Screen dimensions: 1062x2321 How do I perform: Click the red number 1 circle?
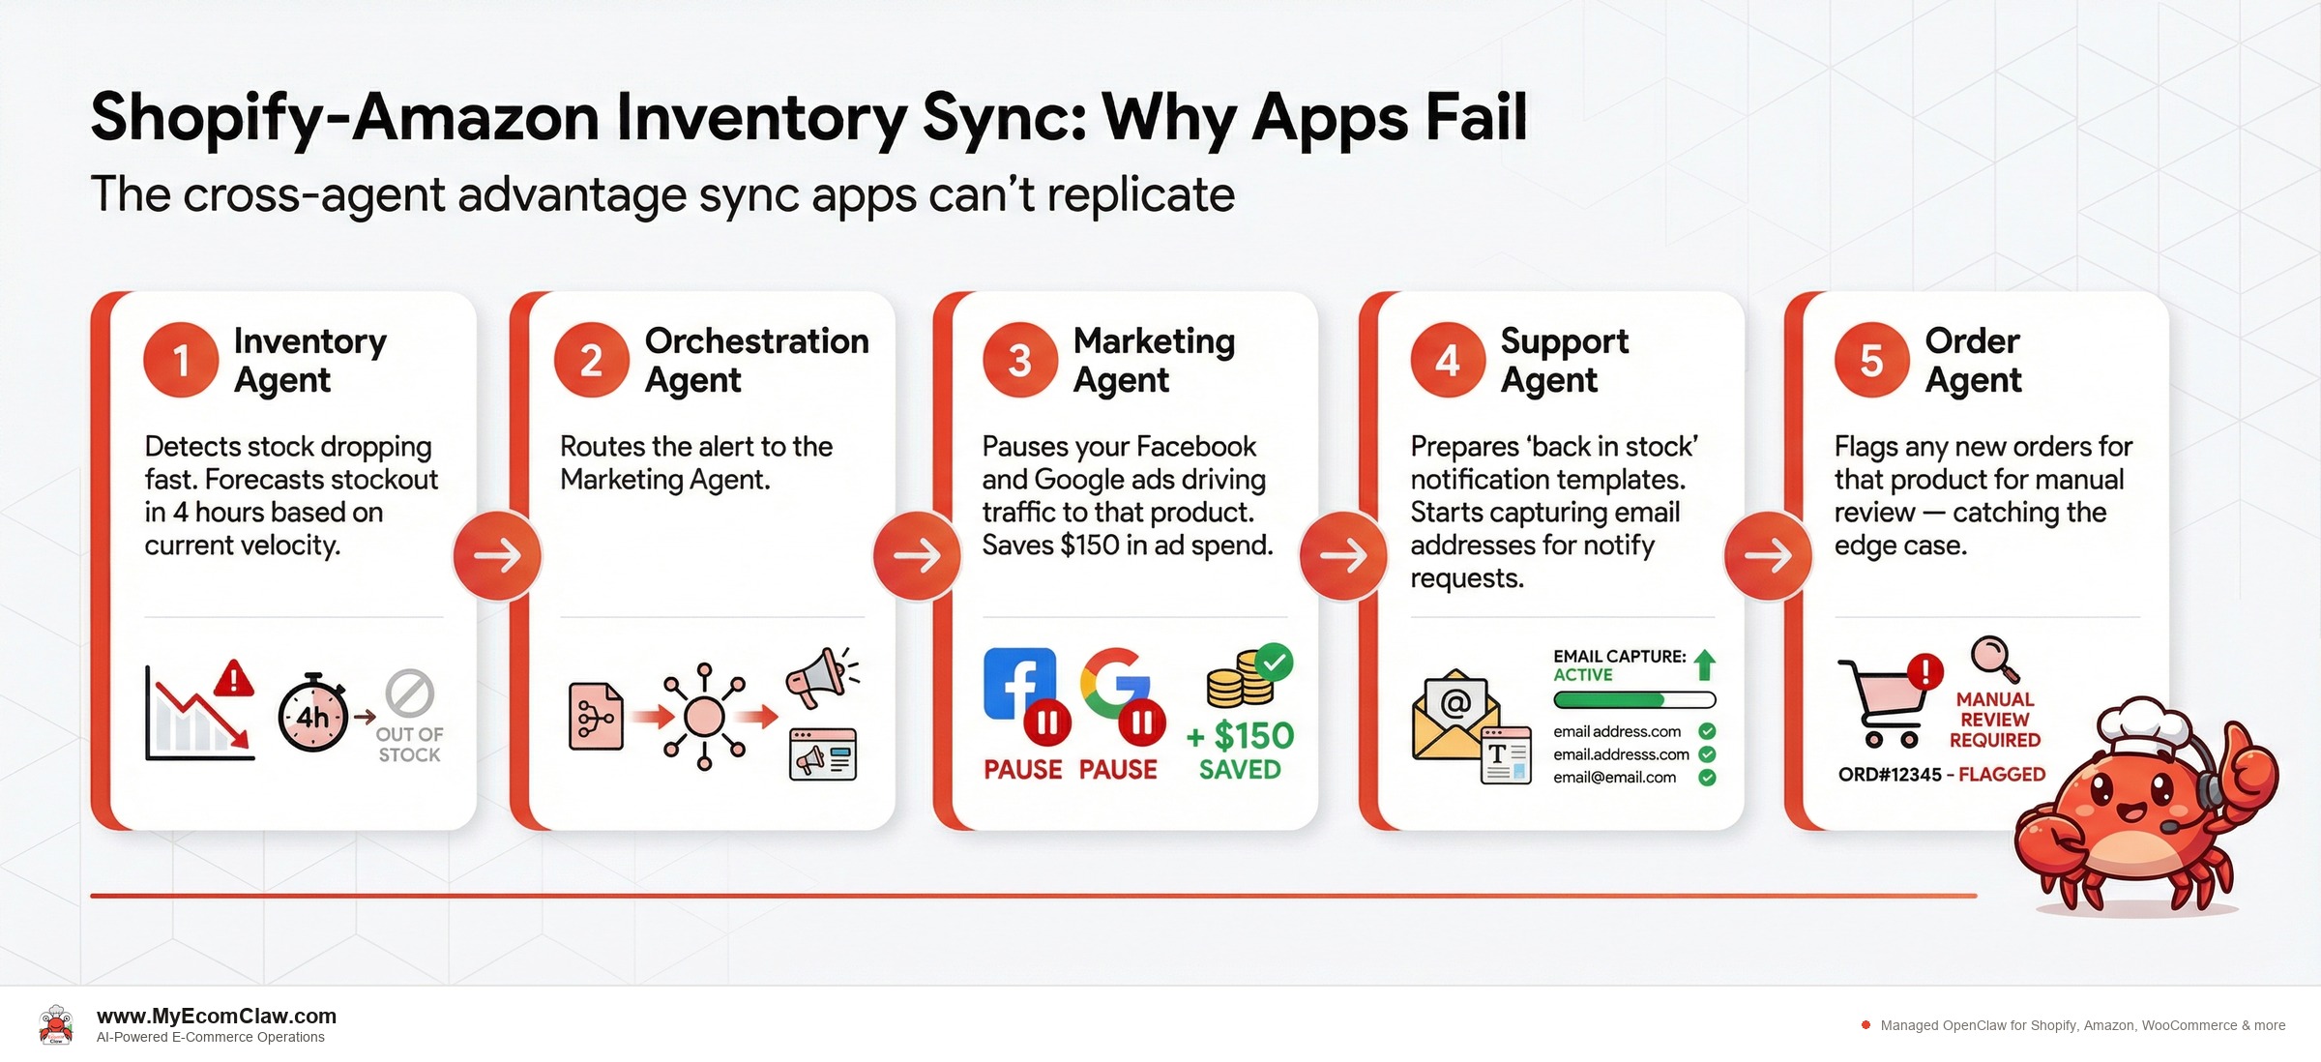coord(181,360)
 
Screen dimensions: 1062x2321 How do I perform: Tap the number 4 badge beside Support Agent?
coord(1447,360)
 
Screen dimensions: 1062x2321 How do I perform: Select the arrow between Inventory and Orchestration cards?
coord(497,555)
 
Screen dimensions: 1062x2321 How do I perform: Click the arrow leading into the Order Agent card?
coord(1768,555)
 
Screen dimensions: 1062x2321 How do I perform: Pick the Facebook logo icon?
coord(1019,683)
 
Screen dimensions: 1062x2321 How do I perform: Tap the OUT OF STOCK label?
coord(409,744)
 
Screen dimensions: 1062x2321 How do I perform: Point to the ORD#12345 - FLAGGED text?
coord(1941,775)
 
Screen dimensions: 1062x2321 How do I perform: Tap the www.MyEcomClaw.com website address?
coord(217,1017)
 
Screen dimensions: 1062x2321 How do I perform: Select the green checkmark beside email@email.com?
coord(1707,778)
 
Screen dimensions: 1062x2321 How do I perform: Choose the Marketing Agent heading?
coord(1154,360)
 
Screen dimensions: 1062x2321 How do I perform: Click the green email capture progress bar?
coord(1634,699)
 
